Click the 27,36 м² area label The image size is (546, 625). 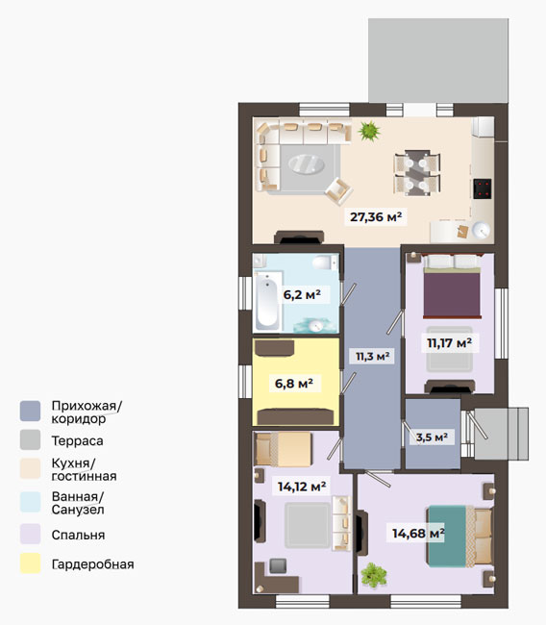click(376, 217)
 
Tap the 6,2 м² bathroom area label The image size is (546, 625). click(302, 294)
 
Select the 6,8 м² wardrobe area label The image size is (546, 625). click(294, 384)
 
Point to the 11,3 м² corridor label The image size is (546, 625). click(372, 356)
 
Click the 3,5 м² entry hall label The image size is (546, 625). click(432, 437)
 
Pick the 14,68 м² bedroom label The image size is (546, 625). click(418, 533)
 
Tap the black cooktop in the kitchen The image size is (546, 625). click(483, 188)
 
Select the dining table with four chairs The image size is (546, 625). click(417, 172)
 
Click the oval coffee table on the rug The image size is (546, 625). click(306, 163)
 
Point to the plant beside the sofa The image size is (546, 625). click(369, 131)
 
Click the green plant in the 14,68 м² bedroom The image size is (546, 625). click(374, 575)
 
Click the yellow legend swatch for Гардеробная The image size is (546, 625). click(31, 563)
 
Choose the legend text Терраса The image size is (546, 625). click(77, 440)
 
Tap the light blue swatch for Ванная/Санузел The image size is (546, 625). click(31, 502)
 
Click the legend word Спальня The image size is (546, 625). click(78, 535)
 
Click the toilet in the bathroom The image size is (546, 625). click(324, 262)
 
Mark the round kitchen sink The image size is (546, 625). click(481, 230)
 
